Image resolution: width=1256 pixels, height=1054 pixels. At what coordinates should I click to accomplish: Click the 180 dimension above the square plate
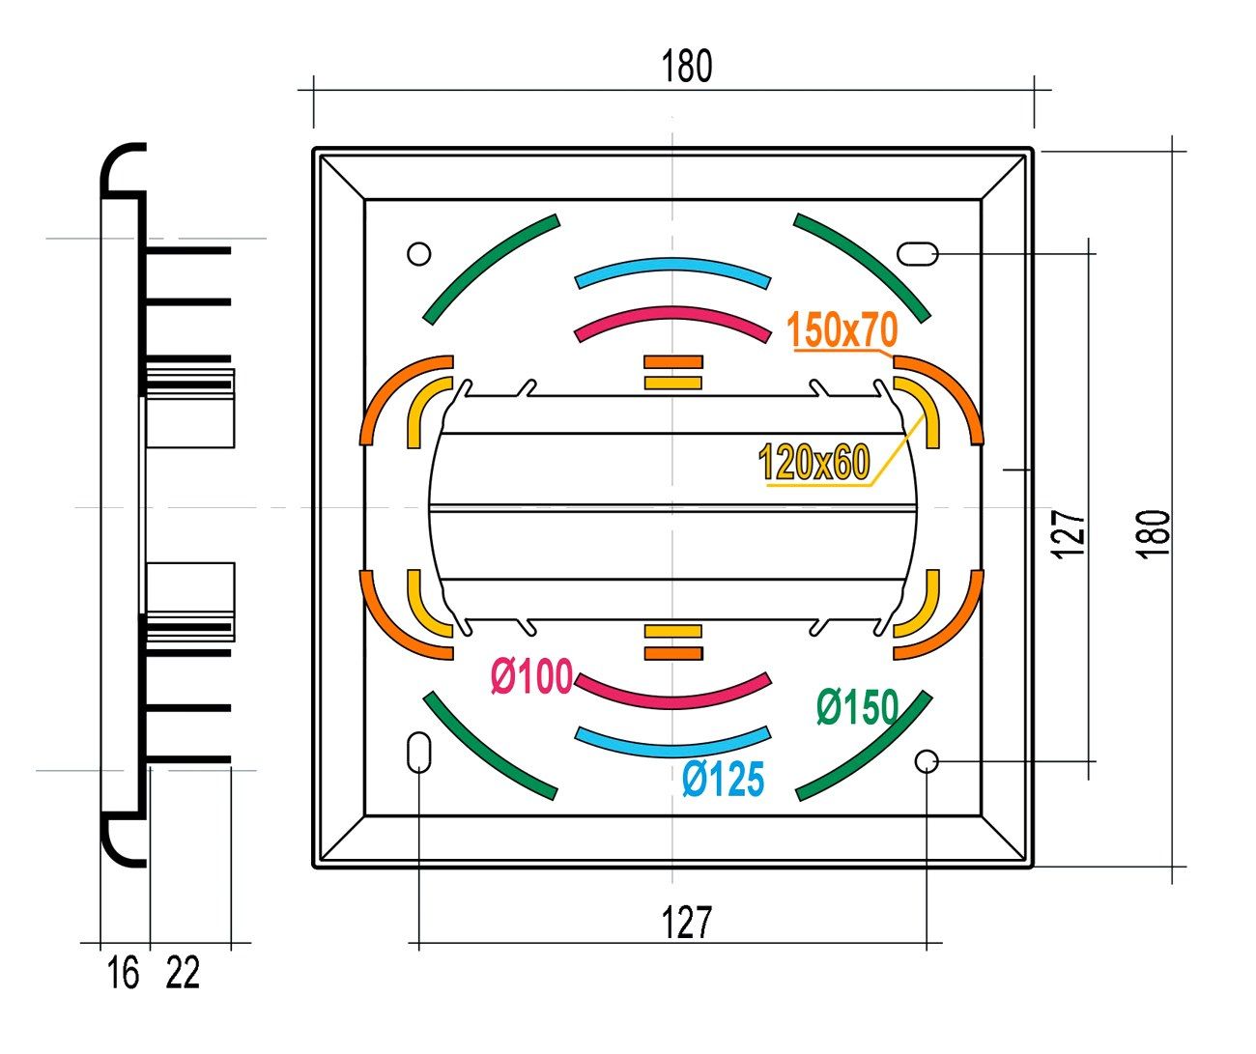pyautogui.click(x=687, y=67)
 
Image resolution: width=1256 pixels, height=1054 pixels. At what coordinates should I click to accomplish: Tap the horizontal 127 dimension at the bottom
pyautogui.click(x=687, y=923)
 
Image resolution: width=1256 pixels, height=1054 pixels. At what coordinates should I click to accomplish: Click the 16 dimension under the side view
pyautogui.click(x=123, y=973)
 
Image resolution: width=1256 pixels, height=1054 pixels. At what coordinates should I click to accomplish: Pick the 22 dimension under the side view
pyautogui.click(x=183, y=973)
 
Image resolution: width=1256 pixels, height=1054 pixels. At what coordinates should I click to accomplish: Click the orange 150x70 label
pyautogui.click(x=843, y=331)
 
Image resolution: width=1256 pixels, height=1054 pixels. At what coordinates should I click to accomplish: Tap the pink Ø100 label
pyautogui.click(x=531, y=677)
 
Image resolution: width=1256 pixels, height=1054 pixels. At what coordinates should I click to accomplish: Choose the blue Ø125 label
pyautogui.click(x=722, y=779)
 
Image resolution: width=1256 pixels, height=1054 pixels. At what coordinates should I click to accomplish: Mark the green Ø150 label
pyautogui.click(x=856, y=707)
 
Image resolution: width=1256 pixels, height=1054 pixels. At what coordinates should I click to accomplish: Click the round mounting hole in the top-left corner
pyautogui.click(x=418, y=254)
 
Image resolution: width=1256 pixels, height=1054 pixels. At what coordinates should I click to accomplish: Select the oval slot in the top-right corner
pyautogui.click(x=918, y=254)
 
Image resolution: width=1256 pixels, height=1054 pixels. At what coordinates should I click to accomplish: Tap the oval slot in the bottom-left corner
pyautogui.click(x=418, y=753)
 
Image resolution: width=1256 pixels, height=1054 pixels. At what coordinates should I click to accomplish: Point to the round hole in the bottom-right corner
pyautogui.click(x=927, y=761)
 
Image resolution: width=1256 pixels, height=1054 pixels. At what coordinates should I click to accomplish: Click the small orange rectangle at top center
pyautogui.click(x=673, y=362)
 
